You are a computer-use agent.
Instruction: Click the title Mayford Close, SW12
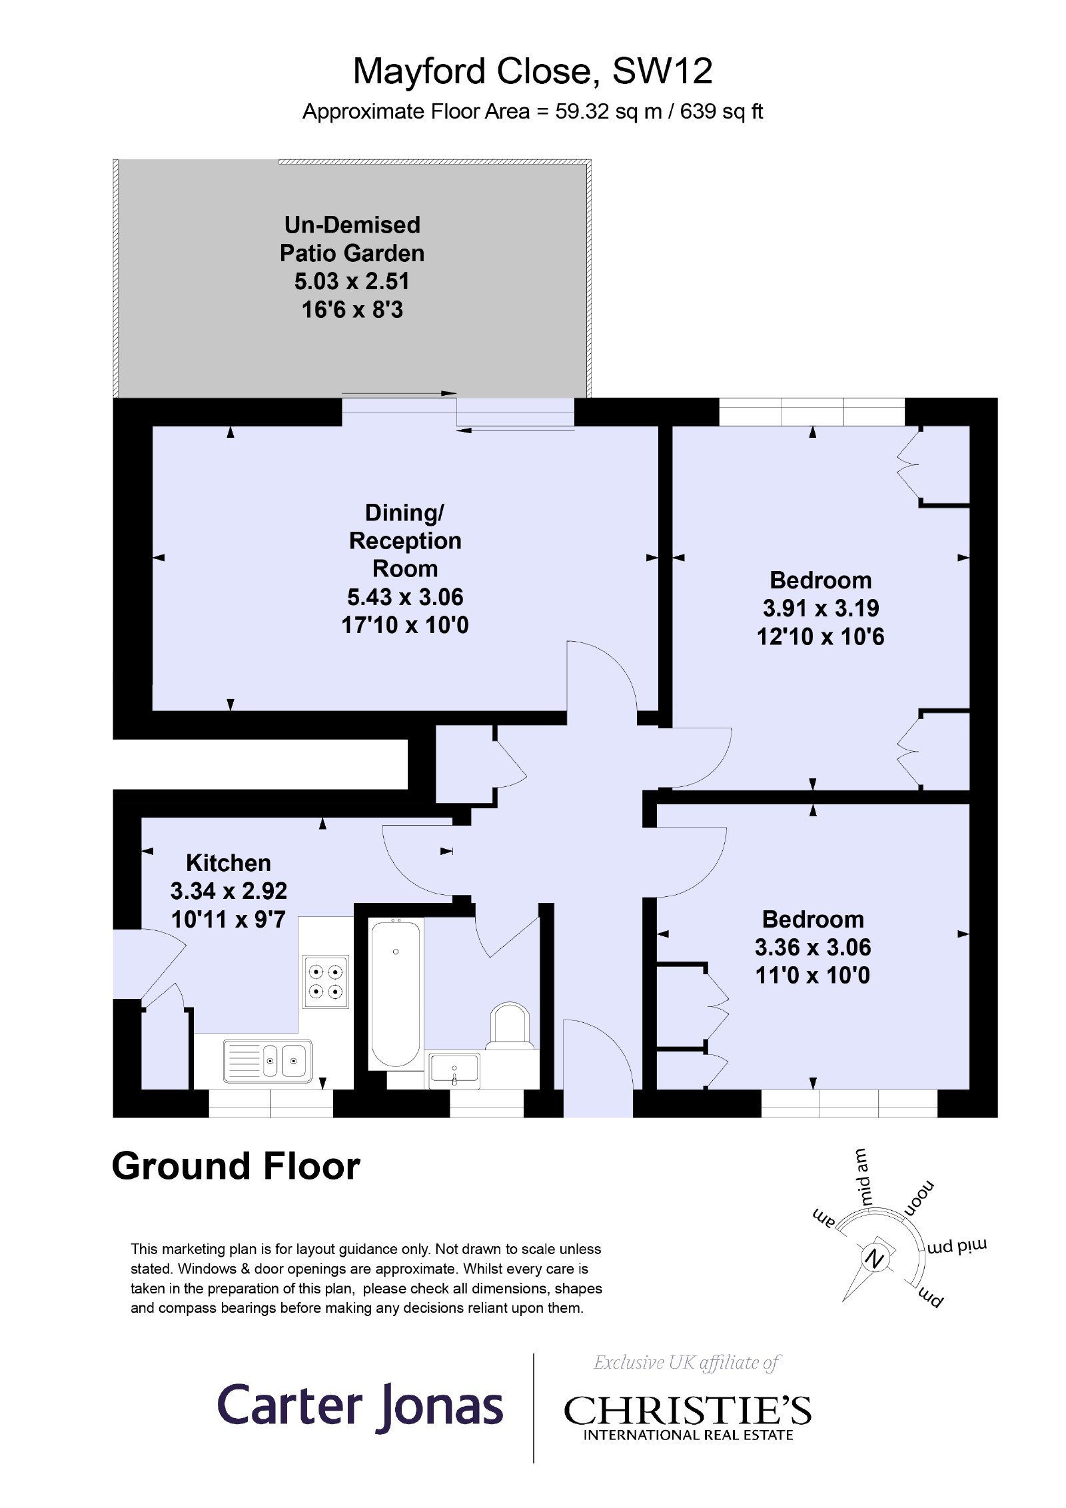point(532,71)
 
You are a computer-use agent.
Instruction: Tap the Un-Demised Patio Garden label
point(352,239)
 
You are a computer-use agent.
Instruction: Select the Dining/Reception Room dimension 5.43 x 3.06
point(405,597)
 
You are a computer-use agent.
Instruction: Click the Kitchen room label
point(229,863)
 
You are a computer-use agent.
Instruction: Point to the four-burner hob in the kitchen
point(326,982)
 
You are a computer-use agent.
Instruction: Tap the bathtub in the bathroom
point(396,994)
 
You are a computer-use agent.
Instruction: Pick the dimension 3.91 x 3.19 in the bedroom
point(821,608)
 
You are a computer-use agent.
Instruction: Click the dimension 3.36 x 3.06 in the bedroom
point(813,948)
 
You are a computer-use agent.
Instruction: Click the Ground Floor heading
point(236,1167)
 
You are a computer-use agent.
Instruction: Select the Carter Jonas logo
point(360,1407)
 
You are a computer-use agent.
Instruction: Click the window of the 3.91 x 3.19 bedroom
point(812,412)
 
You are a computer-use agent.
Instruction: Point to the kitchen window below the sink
point(271,1104)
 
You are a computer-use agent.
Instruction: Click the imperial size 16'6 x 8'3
point(352,310)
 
